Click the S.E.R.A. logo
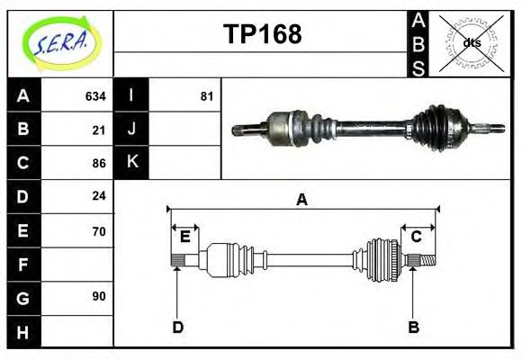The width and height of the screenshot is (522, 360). coord(61,42)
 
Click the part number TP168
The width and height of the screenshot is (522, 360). coord(262,35)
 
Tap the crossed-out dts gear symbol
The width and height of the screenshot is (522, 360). coord(472,42)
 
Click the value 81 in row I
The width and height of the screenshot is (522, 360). coord(206,96)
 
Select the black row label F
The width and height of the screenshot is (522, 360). coord(22,264)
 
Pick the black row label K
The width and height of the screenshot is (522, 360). coord(132,163)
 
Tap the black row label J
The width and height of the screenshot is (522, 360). coord(132,130)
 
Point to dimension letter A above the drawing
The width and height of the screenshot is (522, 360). coord(302,200)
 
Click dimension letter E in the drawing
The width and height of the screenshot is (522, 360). coord(184,237)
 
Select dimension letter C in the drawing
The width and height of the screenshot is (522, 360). coord(416,237)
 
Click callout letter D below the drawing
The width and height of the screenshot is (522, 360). coord(177,327)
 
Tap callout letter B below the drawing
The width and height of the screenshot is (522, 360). coord(414,327)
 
